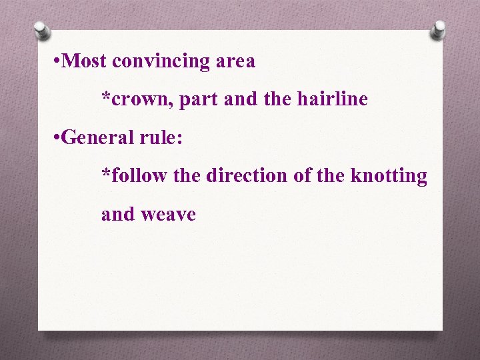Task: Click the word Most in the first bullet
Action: [x=88, y=61]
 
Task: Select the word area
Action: [x=235, y=62]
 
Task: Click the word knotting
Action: [x=389, y=177]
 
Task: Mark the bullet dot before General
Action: [x=60, y=138]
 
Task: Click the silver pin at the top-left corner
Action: [x=41, y=31]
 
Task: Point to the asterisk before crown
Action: [x=106, y=97]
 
